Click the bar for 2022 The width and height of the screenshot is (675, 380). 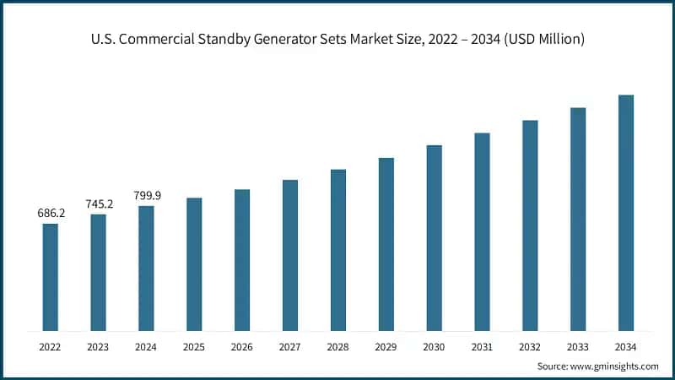[51, 277]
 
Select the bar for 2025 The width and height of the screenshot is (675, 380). [194, 264]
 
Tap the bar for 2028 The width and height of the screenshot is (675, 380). [338, 250]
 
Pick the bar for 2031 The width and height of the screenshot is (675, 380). [482, 231]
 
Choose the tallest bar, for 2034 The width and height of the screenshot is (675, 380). [625, 213]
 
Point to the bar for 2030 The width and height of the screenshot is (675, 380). [434, 237]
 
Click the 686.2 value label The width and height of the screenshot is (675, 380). [51, 214]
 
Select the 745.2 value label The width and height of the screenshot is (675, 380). [99, 204]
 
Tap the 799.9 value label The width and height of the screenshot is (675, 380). [147, 196]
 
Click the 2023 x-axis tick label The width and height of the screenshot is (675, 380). [99, 347]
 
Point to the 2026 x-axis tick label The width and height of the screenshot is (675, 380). [242, 347]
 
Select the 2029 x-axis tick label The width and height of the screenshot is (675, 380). [386, 347]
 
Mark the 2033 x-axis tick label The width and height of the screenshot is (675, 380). [577, 347]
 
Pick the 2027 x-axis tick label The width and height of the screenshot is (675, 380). [290, 347]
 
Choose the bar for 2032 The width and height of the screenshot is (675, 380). [530, 225]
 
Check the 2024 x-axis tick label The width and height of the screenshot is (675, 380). [147, 347]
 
